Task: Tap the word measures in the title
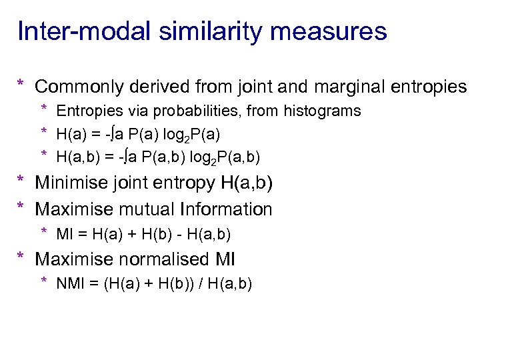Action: coord(337,31)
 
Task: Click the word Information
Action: coord(225,209)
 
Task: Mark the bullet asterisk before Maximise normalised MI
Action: coord(21,258)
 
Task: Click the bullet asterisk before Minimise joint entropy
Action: coord(21,181)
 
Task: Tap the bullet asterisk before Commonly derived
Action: coord(21,85)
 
